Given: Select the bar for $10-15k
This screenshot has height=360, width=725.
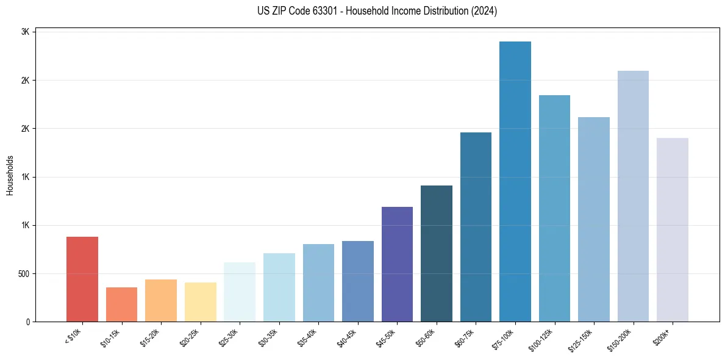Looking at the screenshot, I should [121, 304].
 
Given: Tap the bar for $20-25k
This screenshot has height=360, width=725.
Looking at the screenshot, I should [200, 302].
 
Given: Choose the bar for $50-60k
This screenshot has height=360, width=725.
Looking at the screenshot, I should [437, 253].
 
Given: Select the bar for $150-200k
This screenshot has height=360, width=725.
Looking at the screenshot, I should [633, 196].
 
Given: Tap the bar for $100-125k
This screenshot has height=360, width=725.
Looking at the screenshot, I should [554, 208].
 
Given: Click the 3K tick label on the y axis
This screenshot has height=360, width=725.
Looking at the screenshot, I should [25, 32].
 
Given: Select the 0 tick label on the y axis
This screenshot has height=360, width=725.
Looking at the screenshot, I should [27, 322].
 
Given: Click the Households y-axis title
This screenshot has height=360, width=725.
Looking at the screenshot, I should [10, 175].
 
